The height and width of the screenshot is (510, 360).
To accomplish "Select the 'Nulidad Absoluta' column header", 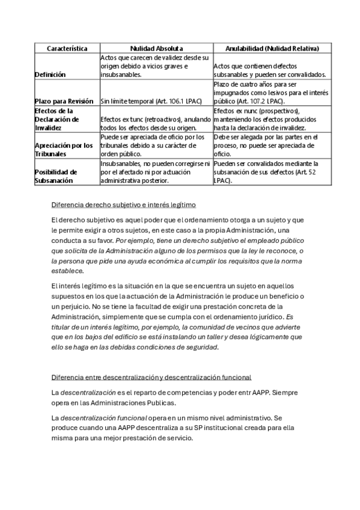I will pyautogui.click(x=156, y=48).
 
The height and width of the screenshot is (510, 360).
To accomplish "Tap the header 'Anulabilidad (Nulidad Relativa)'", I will pyautogui.click(x=272, y=48).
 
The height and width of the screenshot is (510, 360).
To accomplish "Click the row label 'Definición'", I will pyautogui.click(x=50, y=75).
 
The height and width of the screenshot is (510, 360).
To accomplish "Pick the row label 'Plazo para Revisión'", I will pyautogui.click(x=64, y=101).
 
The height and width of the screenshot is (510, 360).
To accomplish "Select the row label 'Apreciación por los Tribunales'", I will pyautogui.click(x=64, y=150).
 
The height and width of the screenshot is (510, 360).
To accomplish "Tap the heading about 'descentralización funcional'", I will pyautogui.click(x=151, y=376).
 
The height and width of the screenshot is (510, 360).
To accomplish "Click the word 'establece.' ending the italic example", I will pyautogui.click(x=67, y=271).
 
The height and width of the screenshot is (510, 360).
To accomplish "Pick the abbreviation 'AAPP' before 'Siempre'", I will pyautogui.click(x=256, y=392).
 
